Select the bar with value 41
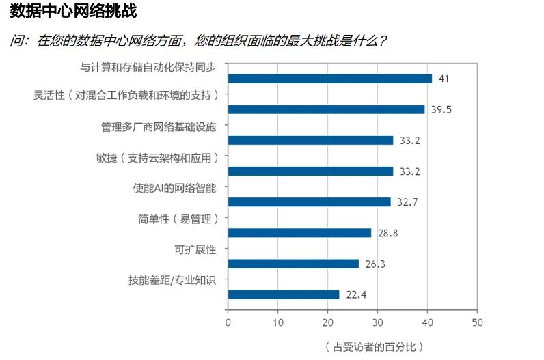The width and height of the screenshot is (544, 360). pos(329,79)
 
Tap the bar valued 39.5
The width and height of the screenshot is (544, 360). pos(326,109)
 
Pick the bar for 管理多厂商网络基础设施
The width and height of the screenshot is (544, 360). pos(310,140)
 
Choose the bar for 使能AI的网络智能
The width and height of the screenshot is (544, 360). pos(309,202)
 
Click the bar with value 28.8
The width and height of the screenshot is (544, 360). pos(299,233)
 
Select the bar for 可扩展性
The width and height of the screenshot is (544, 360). pos(293,264)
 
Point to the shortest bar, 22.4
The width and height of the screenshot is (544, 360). pos(284,294)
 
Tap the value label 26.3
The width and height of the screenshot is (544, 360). pos(375,264)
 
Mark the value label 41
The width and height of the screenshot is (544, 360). pos(444,79)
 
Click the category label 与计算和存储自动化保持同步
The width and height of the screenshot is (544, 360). pos(148,67)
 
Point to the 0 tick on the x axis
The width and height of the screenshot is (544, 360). pos(228,322)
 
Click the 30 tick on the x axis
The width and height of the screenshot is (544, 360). pos(377,322)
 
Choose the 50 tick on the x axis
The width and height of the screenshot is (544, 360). pos(477,322)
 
